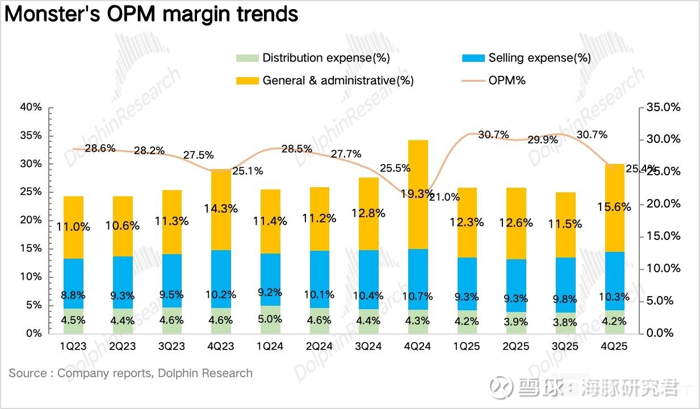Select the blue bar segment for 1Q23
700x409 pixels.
(73, 284)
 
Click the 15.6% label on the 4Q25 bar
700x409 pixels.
(614, 208)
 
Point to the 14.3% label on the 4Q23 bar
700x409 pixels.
(221, 208)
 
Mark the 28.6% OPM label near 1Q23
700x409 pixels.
(100, 149)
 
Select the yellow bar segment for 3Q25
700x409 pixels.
(565, 225)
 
